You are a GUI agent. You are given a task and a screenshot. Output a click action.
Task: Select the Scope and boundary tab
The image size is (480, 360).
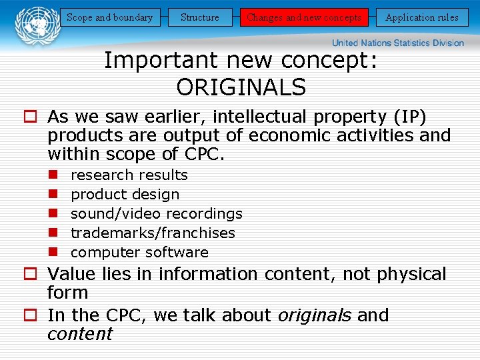pyautogui.click(x=110, y=17)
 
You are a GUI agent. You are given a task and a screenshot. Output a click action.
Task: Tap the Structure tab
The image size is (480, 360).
pyautogui.click(x=200, y=17)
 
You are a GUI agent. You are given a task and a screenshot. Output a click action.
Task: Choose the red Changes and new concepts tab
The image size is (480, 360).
pyautogui.click(x=304, y=17)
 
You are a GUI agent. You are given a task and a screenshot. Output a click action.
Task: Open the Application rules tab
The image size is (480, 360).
pyautogui.click(x=422, y=17)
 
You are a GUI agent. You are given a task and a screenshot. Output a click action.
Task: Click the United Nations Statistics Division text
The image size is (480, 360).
pyautogui.click(x=398, y=43)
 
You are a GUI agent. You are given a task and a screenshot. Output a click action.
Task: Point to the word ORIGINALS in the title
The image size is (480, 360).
pyautogui.click(x=241, y=87)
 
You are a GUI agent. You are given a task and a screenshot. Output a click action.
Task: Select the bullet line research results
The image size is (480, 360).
pyautogui.click(x=129, y=175)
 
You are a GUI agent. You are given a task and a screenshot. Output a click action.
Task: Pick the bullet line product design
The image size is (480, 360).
pyautogui.click(x=125, y=195)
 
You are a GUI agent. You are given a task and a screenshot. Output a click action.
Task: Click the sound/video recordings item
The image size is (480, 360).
pyautogui.click(x=157, y=214)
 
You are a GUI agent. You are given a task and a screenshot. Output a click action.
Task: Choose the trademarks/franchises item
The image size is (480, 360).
pyautogui.click(x=153, y=233)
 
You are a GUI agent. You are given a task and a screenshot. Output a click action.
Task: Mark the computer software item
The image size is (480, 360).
pyautogui.click(x=139, y=253)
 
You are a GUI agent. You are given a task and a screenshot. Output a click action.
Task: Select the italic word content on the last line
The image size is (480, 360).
pyautogui.click(x=80, y=334)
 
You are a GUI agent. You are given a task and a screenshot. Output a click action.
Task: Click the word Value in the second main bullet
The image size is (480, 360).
pyautogui.click(x=72, y=275)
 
